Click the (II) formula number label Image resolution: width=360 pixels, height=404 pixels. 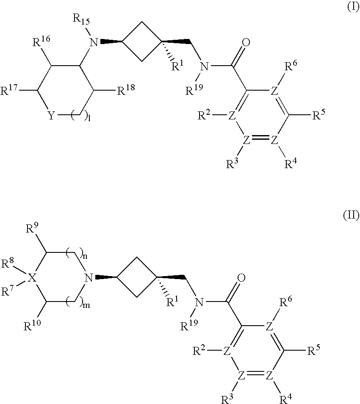(351, 216)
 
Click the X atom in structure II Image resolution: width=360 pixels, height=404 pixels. (30, 278)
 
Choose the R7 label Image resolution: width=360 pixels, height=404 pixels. (8, 291)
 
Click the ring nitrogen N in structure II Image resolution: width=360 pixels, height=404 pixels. (88, 278)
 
